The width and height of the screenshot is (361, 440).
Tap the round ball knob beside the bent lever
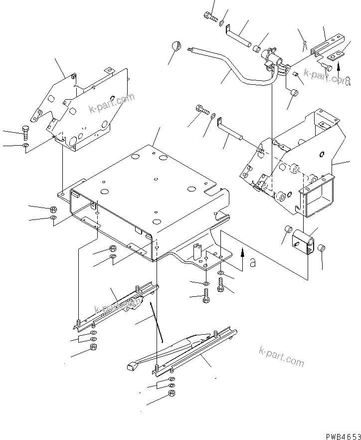(x=176, y=47)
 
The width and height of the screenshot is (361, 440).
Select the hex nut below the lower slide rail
(x=171, y=394)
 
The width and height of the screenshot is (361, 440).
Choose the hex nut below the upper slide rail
(x=93, y=347)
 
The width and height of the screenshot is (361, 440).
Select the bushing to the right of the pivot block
(x=322, y=248)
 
